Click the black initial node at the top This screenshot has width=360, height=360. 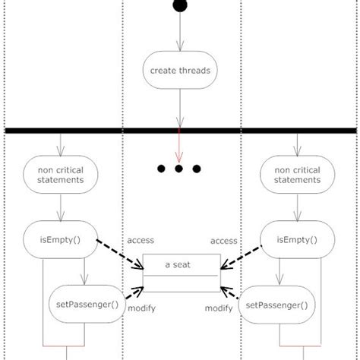[180, 6]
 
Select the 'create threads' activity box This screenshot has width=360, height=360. [180, 71]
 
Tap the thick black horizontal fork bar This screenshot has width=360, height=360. [180, 131]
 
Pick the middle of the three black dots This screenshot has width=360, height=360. [179, 169]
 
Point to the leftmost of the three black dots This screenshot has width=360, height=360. [161, 169]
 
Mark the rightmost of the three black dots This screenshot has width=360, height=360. [197, 169]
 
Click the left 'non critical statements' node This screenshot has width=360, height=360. [60, 175]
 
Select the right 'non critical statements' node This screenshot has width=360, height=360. [297, 175]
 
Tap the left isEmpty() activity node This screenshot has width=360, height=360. [60, 241]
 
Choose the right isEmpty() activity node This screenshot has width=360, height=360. [297, 241]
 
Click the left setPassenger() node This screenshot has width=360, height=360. [87, 305]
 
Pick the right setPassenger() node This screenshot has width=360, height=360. [278, 305]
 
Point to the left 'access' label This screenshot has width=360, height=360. [141, 240]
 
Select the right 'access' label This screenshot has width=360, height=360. [224, 240]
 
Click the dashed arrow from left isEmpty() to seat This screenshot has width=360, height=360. [122, 257]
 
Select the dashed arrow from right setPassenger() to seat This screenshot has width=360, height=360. [232, 295]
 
